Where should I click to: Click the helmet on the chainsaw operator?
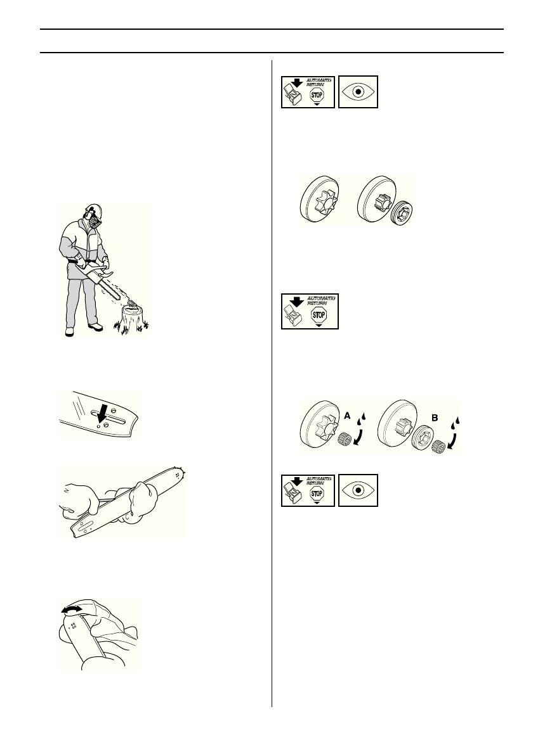(93, 211)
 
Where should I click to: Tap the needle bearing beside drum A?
(345, 438)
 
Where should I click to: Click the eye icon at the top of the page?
(358, 91)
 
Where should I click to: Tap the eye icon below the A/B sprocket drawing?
(358, 490)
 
